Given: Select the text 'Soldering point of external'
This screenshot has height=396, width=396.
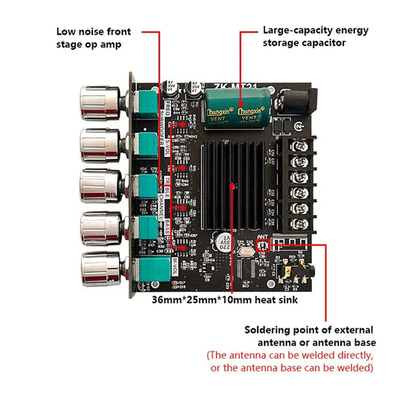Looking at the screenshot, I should click(309, 329).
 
